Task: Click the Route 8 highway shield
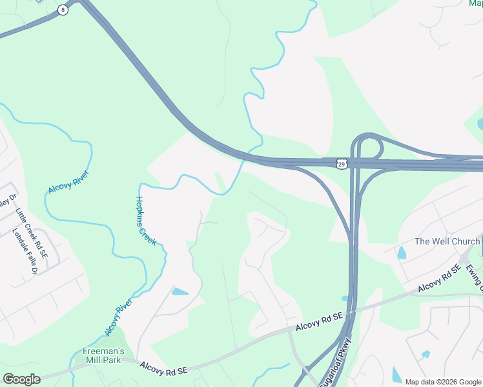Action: pyautogui.click(x=62, y=9)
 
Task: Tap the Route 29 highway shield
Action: pyautogui.click(x=342, y=164)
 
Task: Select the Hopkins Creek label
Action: pyautogui.click(x=145, y=220)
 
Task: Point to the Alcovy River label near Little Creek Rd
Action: pyautogui.click(x=68, y=182)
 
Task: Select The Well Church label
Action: pyautogui.click(x=447, y=241)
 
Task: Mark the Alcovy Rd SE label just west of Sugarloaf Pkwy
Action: pyautogui.click(x=318, y=323)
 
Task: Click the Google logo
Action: pyautogui.click(x=21, y=379)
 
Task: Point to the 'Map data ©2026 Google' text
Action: pyautogui.click(x=442, y=382)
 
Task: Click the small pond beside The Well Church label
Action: pyautogui.click(x=402, y=253)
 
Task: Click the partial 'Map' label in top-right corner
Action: pyautogui.click(x=475, y=3)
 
